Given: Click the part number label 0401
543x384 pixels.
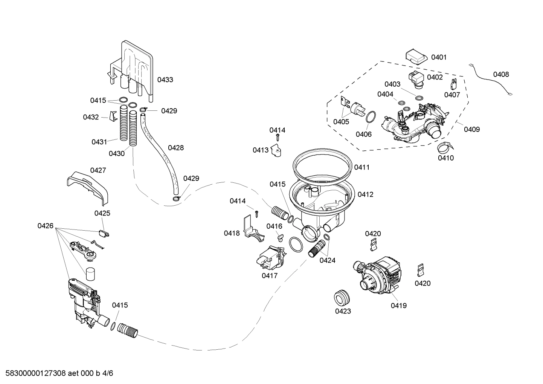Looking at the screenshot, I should point(439,57).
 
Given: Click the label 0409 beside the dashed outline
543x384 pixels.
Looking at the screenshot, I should point(471,129).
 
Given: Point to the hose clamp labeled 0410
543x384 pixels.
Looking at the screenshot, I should point(445,147).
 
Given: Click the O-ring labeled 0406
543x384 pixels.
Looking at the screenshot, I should point(371,117).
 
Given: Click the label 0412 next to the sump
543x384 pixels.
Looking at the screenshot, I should point(365,194).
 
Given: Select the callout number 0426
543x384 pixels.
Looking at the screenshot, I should point(45,226).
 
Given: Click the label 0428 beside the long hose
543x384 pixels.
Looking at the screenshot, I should point(176,148).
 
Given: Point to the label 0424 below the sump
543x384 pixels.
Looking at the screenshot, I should point(327,260).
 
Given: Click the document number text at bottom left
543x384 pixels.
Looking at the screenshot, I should point(56,373).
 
